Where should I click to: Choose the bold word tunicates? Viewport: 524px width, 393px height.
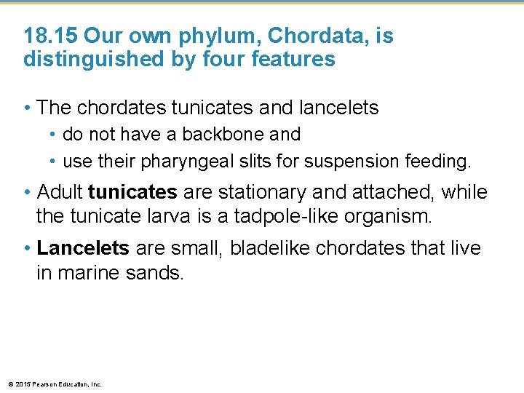click(132, 193)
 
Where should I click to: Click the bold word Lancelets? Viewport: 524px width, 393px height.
click(83, 249)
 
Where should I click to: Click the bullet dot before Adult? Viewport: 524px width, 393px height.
click(26, 193)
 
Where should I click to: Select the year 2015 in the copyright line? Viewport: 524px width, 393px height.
click(22, 384)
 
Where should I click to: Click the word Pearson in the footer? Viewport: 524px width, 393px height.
click(43, 384)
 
